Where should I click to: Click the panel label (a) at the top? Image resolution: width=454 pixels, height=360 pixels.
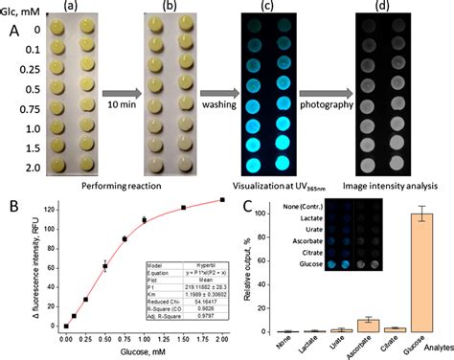70,8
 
